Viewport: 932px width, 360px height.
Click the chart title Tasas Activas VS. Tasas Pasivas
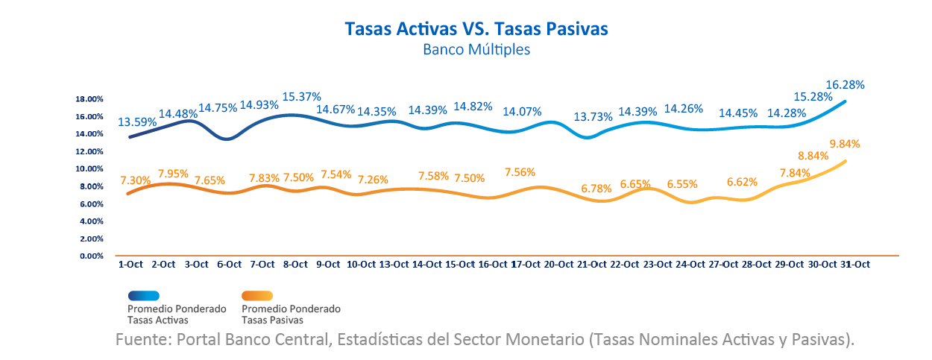pyautogui.click(x=476, y=28)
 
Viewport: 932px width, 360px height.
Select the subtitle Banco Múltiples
pyautogui.click(x=476, y=51)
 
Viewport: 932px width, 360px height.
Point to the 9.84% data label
pyautogui.click(x=845, y=144)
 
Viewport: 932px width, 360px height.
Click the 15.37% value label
pyautogui.click(x=301, y=97)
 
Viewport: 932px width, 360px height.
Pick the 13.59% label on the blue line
pyautogui.click(x=137, y=121)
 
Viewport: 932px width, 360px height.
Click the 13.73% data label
pyautogui.click(x=593, y=117)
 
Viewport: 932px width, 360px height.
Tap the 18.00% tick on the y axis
pyautogui.click(x=89, y=99)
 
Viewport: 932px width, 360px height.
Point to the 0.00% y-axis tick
pyautogui.click(x=90, y=256)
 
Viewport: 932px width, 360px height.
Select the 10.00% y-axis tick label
pyautogui.click(x=89, y=169)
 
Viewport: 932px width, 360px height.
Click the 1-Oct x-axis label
pyautogui.click(x=130, y=265)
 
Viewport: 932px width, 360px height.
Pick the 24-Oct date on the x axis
pyautogui.click(x=690, y=265)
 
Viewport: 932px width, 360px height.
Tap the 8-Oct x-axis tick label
pyautogui.click(x=295, y=265)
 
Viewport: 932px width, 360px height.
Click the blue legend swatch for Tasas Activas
pyautogui.click(x=143, y=296)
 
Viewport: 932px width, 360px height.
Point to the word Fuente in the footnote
pyautogui.click(x=139, y=339)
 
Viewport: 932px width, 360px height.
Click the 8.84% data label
pyautogui.click(x=812, y=157)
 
